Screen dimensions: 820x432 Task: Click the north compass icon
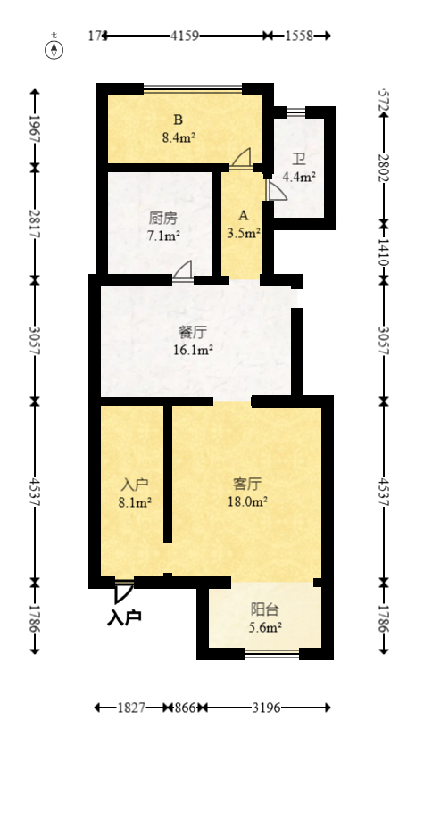click(x=54, y=49)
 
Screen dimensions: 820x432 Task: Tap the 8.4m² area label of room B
click(x=179, y=137)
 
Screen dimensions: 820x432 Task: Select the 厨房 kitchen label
click(x=163, y=218)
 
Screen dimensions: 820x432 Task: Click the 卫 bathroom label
click(x=299, y=161)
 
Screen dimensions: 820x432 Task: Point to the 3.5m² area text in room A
click(x=244, y=234)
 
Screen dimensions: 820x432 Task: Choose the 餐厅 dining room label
click(x=194, y=332)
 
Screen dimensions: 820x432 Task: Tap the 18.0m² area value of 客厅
click(x=247, y=501)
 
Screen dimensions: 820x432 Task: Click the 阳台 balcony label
click(x=265, y=609)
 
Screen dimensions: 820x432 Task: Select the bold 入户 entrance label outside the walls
click(x=124, y=617)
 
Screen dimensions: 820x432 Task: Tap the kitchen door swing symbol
click(x=184, y=269)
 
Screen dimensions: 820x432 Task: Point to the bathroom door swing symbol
click(x=276, y=190)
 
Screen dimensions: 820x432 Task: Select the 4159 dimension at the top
click(x=184, y=36)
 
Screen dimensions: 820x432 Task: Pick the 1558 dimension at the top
click(x=298, y=36)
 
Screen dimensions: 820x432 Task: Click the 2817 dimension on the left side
click(x=35, y=223)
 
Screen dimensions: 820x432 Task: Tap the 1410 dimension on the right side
click(x=383, y=251)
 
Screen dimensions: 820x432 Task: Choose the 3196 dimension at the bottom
click(x=266, y=708)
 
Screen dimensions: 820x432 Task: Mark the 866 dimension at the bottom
click(x=186, y=708)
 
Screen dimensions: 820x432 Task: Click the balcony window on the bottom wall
click(x=271, y=655)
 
